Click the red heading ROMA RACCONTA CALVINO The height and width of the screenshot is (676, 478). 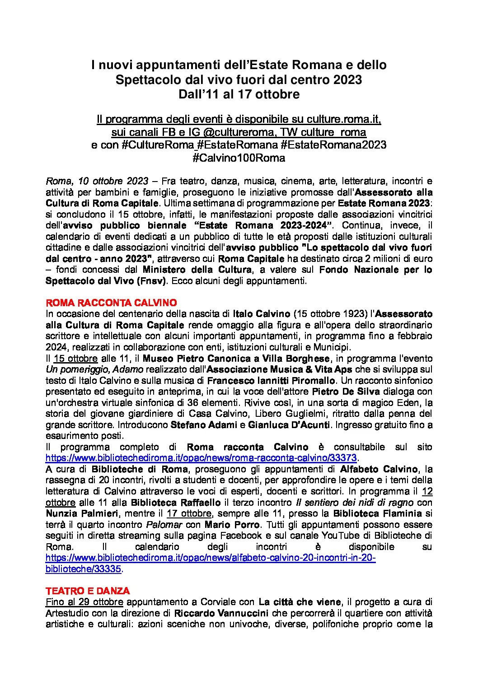(x=111, y=303)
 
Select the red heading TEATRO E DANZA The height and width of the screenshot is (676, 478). (x=88, y=591)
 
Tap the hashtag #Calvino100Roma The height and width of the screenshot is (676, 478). (x=239, y=158)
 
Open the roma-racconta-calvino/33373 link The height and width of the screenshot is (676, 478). (x=201, y=458)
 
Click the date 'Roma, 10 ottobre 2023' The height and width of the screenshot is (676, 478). (x=97, y=181)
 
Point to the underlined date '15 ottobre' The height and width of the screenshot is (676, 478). (x=75, y=359)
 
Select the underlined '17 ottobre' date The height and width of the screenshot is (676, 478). (x=189, y=513)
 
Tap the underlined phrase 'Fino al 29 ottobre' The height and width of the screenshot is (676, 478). (x=84, y=602)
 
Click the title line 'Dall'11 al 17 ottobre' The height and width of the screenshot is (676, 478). (x=239, y=94)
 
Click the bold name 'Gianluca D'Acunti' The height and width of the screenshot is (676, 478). (x=289, y=425)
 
